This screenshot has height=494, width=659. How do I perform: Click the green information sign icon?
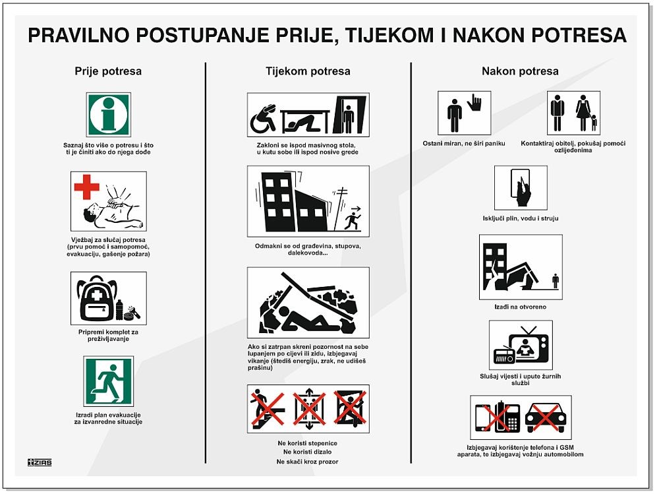(x=109, y=115)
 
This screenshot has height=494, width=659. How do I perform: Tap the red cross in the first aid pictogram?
(x=86, y=187)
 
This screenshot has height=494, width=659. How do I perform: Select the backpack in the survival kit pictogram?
(x=97, y=298)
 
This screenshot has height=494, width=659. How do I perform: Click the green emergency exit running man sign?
(x=109, y=381)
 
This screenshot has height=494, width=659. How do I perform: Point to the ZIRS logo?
(x=40, y=462)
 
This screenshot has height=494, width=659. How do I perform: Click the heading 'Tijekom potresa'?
(x=308, y=71)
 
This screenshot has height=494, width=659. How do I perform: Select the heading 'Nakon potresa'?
(x=521, y=71)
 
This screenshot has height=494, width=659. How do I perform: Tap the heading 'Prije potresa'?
(x=108, y=71)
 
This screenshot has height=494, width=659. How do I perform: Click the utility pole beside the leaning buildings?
(x=340, y=209)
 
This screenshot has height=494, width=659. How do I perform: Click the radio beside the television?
(x=504, y=355)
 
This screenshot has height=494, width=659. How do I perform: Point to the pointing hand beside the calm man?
(x=474, y=102)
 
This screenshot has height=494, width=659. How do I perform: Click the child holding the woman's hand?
(x=594, y=123)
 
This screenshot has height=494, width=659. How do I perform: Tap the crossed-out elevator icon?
(x=309, y=409)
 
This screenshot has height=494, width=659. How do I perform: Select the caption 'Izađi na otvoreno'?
(x=521, y=307)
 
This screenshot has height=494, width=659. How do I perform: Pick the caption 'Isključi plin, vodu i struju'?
(x=521, y=218)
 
